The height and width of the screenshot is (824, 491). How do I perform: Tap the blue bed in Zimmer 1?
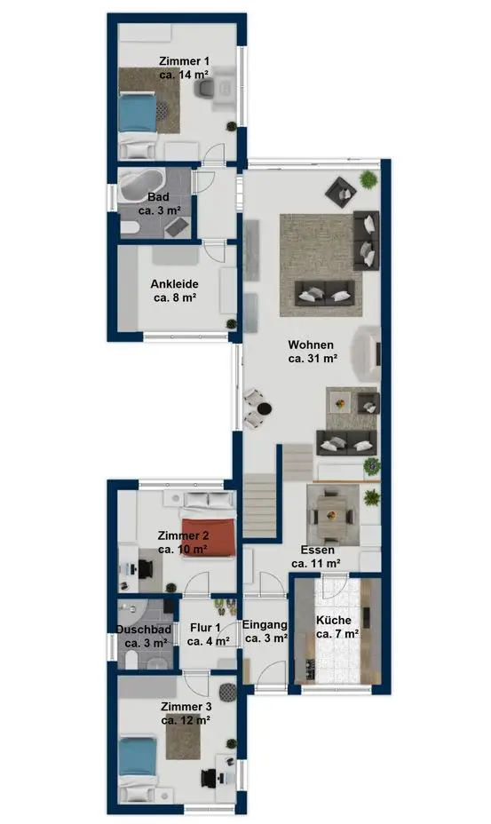138,112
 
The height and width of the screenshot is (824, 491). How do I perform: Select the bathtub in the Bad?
142,185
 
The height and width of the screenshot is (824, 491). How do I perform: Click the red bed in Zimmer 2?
208,536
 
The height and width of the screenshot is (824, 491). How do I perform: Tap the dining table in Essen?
332,514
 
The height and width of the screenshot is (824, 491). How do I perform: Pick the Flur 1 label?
205,628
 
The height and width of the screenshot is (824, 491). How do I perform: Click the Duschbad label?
144,629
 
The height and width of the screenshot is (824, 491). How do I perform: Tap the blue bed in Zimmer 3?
138,756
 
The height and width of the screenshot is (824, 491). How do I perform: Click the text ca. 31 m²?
313,359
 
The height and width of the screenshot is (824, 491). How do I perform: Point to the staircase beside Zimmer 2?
259,505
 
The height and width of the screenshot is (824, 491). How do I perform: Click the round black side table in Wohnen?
265,408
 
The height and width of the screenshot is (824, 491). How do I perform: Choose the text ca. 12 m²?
186,720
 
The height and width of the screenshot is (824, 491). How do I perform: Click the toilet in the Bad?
129,228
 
